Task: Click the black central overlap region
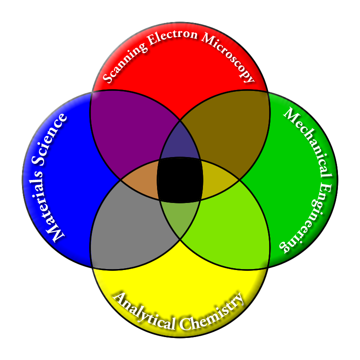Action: coord(180,180)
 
